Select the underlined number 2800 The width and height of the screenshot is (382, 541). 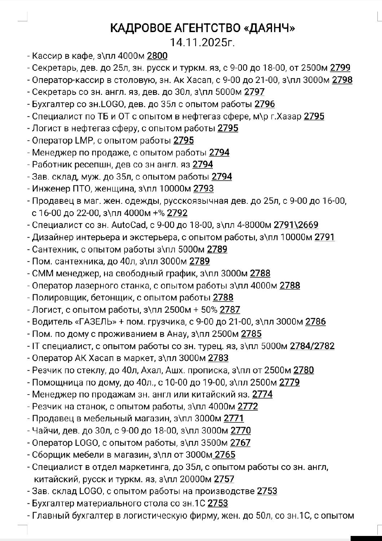[x=157, y=56]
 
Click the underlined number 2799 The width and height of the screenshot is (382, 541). [x=340, y=68]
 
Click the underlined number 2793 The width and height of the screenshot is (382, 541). [x=203, y=189]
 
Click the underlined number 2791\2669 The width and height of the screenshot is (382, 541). [x=296, y=225]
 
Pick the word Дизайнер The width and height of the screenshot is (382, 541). [x=51, y=237]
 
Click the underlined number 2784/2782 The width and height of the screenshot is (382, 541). [x=312, y=346]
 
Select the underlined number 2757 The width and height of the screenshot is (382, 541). [x=224, y=479]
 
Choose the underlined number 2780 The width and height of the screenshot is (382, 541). [x=303, y=370]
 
